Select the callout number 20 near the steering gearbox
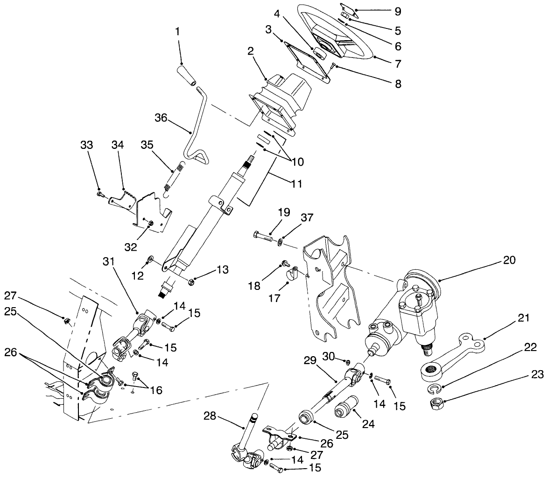[x=509, y=260]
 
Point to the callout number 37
[x=308, y=218]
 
